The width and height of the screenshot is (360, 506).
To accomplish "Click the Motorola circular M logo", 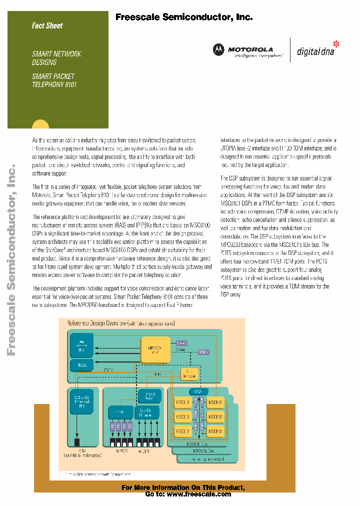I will click(218, 49).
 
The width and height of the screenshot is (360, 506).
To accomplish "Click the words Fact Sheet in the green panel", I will click(47, 25).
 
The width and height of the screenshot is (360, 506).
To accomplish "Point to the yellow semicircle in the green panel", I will click(40, 124).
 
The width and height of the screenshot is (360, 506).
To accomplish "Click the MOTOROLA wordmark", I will click(250, 49).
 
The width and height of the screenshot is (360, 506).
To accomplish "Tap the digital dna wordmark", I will click(316, 51).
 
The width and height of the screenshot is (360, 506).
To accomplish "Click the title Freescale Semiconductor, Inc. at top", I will click(184, 17).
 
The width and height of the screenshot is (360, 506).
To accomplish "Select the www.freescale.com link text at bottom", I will click(198, 494).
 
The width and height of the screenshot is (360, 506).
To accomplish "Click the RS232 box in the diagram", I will click(82, 365).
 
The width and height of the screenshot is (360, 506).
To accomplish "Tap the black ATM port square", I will click(77, 442).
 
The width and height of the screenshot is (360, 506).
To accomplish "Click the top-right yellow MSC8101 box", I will click(215, 402).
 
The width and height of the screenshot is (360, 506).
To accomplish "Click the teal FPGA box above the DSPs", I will click(197, 391).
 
